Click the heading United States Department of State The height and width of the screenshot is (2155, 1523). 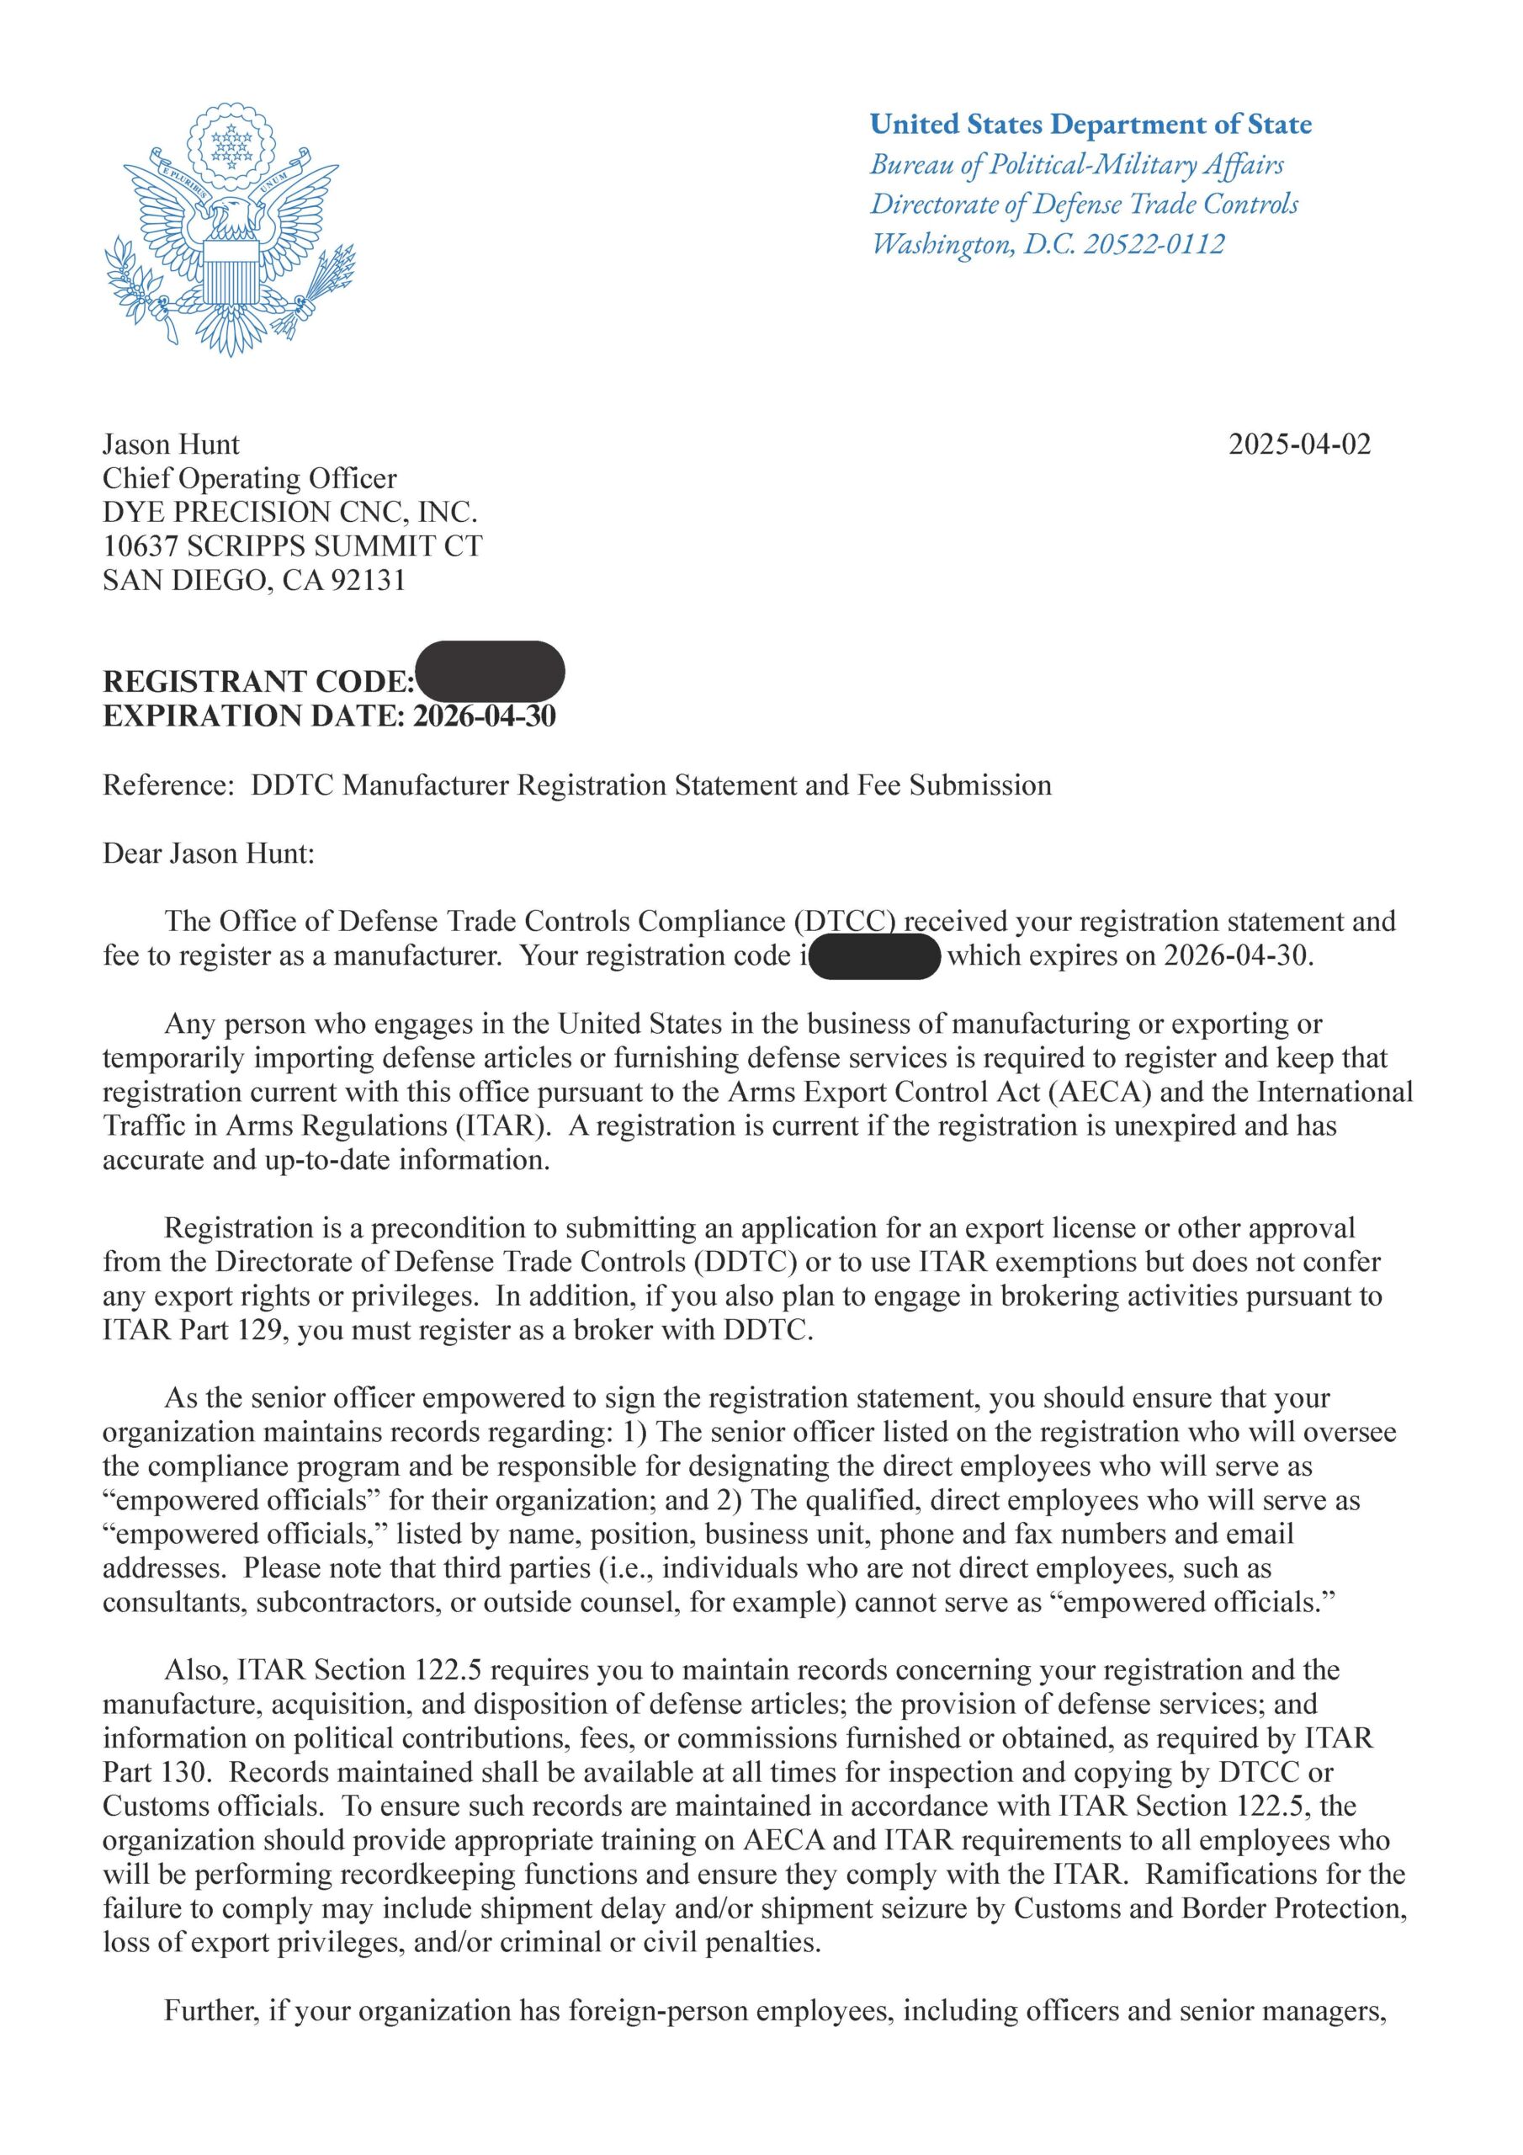1091,124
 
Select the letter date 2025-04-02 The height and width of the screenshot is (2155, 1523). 1300,444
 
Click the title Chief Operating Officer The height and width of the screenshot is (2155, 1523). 250,479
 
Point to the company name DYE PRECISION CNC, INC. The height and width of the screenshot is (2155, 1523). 290,513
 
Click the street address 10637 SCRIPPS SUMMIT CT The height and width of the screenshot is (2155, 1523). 292,546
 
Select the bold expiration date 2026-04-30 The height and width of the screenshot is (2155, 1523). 484,716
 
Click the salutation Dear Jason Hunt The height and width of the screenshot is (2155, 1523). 209,854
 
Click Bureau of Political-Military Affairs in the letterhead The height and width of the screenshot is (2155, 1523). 1076,164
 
